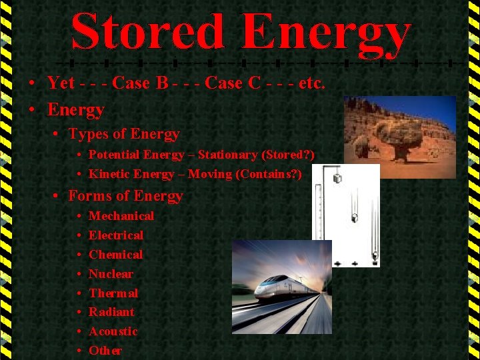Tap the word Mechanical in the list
click(121, 215)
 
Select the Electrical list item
click(115, 235)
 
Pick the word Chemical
click(115, 254)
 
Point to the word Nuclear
click(111, 273)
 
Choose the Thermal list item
click(113, 293)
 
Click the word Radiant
click(111, 311)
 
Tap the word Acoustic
click(113, 331)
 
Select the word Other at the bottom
click(105, 350)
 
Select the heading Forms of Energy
click(125, 195)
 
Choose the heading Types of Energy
click(124, 134)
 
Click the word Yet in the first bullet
click(61, 83)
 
